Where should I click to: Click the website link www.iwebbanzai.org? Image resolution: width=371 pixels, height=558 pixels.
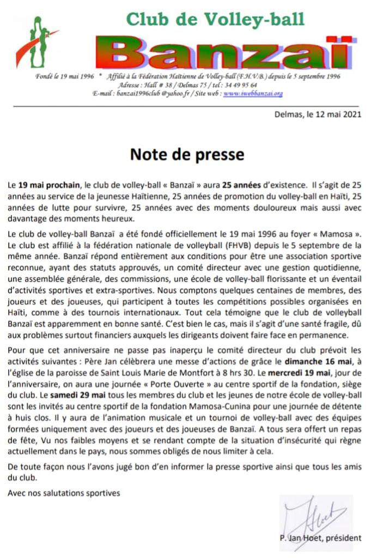(253, 93)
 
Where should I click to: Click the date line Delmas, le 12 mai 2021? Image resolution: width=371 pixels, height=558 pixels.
(318, 114)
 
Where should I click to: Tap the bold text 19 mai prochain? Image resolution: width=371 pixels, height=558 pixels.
(46, 185)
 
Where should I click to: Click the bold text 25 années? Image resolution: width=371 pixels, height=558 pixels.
(242, 185)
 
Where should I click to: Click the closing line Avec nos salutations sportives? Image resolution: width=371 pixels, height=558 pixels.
(64, 493)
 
